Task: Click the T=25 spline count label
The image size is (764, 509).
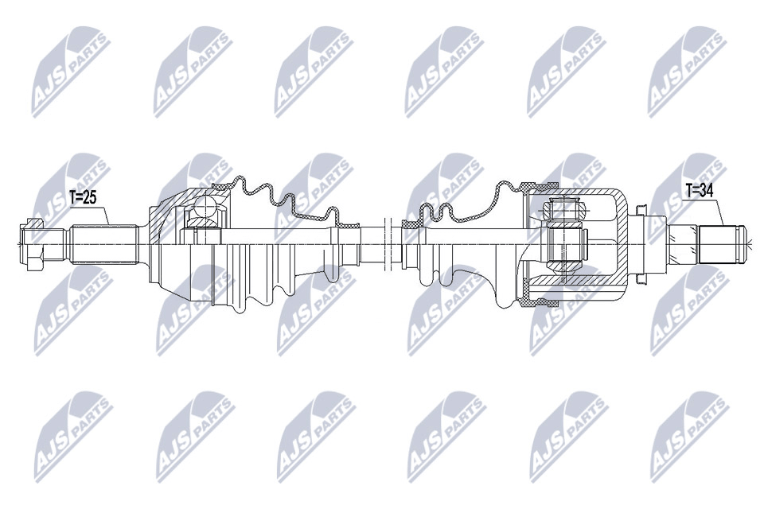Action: [x=83, y=196]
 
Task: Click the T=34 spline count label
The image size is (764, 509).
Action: [x=700, y=190]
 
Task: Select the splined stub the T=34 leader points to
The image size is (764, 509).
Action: [x=719, y=243]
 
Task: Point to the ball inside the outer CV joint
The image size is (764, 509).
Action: [x=205, y=208]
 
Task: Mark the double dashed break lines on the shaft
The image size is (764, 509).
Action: [x=388, y=243]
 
